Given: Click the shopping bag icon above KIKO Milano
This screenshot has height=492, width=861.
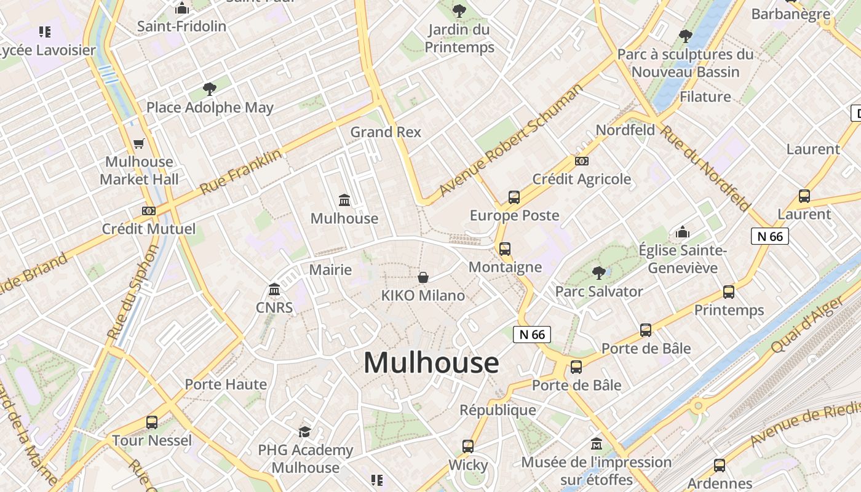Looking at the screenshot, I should tap(423, 277).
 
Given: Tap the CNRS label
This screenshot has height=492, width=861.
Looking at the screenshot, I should tap(274, 307).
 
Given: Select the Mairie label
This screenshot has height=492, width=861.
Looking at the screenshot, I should tap(330, 270).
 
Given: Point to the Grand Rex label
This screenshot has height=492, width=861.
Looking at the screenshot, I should tap(386, 132).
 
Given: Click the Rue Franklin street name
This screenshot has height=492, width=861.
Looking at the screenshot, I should tap(240, 172).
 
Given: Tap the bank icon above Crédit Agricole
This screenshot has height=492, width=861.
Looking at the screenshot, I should tap(581, 161).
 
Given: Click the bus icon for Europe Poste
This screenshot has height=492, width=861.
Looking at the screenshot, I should tap(514, 197).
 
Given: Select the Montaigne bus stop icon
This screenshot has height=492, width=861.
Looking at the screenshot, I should tap(505, 249).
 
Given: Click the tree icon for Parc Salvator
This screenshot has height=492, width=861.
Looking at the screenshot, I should tap(598, 273).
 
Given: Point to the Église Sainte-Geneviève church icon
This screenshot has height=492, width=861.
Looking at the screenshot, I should tap(683, 232).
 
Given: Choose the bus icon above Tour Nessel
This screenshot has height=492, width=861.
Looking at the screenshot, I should tap(152, 423).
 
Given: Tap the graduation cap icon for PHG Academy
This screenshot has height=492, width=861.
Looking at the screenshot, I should tap(305, 432).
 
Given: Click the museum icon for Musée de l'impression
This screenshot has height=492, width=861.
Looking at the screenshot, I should tap(596, 444).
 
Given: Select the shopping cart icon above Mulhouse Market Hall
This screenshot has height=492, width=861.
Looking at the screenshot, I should tap(139, 144).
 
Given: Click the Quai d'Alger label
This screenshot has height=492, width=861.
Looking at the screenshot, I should tap(807, 325).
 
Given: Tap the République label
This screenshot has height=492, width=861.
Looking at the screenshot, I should tap(498, 410).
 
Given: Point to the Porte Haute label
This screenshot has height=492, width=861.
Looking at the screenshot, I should tap(226, 385).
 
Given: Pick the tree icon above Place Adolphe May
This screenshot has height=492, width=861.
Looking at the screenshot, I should tap(210, 89).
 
